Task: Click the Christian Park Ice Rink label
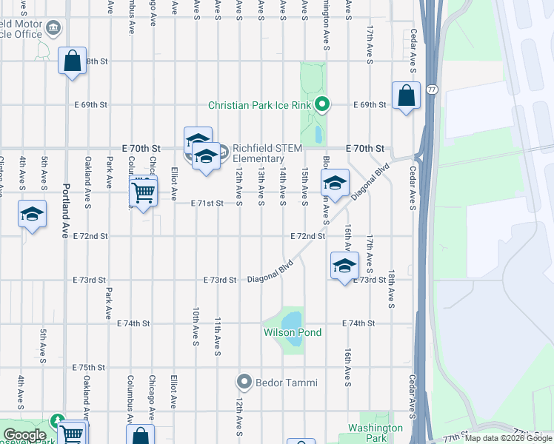(259, 105)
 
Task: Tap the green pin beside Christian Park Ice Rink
(321, 104)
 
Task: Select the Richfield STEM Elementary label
(267, 153)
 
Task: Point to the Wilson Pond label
(293, 332)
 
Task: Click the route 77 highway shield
(432, 90)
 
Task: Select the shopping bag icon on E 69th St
(406, 95)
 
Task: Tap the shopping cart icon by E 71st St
(143, 192)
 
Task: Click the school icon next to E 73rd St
(344, 266)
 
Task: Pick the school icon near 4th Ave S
(33, 214)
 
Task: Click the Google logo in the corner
(24, 435)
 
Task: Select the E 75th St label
(90, 367)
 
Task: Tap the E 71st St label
(207, 203)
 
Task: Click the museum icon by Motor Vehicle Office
(53, 29)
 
